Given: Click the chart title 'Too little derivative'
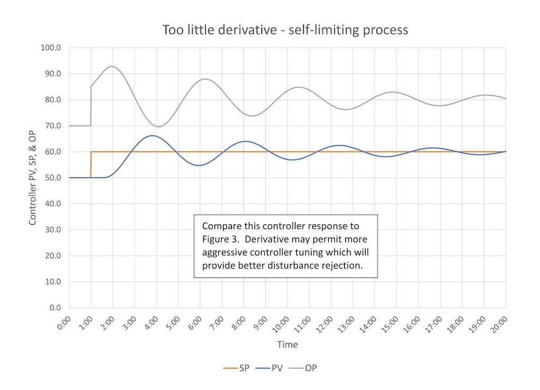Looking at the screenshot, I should click(x=285, y=30).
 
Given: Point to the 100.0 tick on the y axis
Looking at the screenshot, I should click(x=52, y=48).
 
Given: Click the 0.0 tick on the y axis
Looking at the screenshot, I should click(x=55, y=308).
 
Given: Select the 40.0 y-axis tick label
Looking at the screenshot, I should click(x=53, y=204).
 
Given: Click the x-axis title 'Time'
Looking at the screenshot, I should click(x=287, y=345).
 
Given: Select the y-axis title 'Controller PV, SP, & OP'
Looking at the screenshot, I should click(x=33, y=178).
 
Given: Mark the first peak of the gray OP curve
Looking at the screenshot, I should click(x=112, y=66).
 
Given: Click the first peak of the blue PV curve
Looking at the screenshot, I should click(x=152, y=136).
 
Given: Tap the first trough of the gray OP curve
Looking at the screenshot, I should click(x=158, y=126).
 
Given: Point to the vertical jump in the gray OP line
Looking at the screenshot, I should click(x=91, y=106).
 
